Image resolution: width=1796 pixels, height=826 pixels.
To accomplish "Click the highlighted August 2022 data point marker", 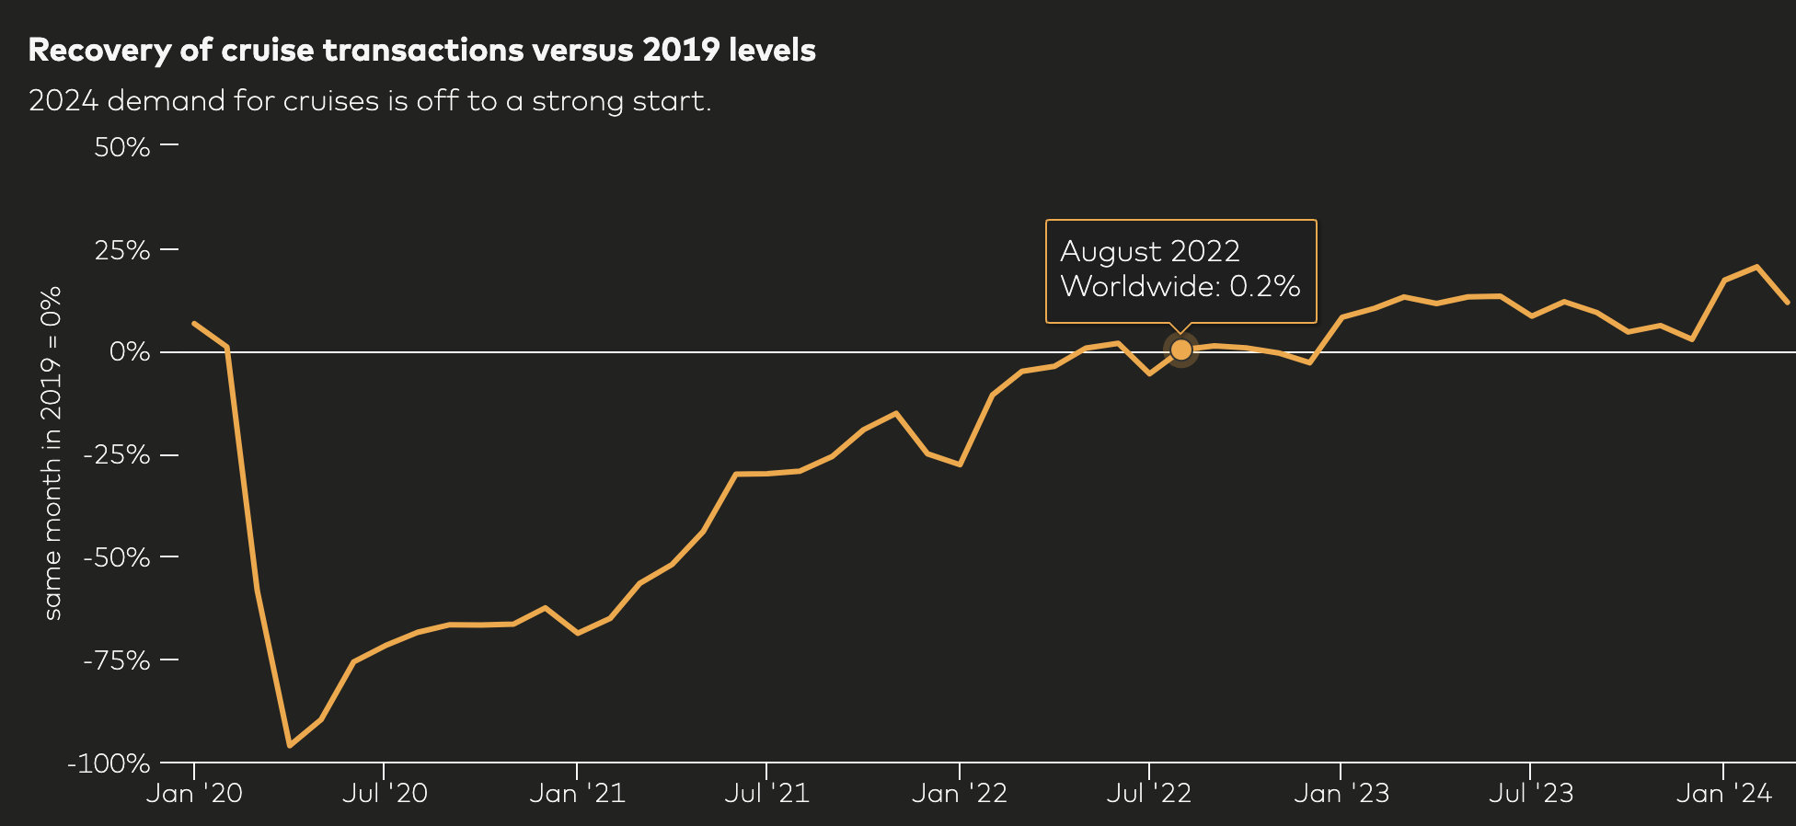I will (x=1180, y=350).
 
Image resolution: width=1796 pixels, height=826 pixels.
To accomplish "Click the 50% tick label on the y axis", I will (x=121, y=147).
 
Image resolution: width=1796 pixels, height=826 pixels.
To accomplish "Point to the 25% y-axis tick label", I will (x=121, y=250).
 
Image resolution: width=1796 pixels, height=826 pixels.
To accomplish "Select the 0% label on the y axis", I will (x=129, y=352).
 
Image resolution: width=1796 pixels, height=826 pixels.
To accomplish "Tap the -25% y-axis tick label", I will (x=116, y=455).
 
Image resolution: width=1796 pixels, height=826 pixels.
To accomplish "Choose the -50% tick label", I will (x=116, y=557).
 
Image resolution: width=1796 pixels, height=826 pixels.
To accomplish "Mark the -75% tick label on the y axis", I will (x=116, y=660).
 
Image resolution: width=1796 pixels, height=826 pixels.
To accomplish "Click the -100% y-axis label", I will (x=109, y=763).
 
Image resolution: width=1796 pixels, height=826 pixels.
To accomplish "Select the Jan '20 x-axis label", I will (x=194, y=793).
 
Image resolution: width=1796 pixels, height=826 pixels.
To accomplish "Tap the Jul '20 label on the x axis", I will (x=385, y=793).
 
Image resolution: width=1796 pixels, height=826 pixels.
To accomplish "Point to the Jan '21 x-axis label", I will (x=577, y=793).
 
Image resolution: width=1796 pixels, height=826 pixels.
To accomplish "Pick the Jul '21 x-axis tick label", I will (x=766, y=793).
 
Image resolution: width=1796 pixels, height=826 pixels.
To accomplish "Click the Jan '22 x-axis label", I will (x=959, y=793).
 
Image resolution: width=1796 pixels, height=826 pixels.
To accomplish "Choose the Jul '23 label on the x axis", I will (x=1531, y=793).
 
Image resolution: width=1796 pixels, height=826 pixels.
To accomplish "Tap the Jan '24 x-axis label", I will (x=1723, y=793).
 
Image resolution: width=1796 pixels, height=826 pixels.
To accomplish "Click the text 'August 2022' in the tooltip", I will (x=1149, y=251).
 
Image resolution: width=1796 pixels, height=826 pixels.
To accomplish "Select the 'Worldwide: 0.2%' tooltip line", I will (x=1180, y=286).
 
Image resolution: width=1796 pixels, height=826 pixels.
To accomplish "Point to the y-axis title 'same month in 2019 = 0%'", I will (x=52, y=453).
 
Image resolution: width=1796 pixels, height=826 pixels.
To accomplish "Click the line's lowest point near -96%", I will (x=289, y=745).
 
